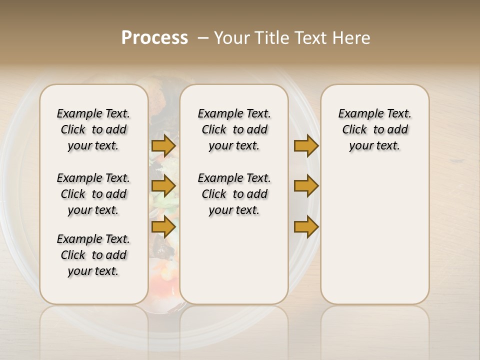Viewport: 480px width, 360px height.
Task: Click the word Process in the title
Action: tap(154, 38)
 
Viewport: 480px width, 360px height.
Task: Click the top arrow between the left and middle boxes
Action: tap(163, 146)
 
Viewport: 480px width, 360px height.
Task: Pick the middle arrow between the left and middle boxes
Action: tap(163, 186)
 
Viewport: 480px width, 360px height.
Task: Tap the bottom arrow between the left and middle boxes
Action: tap(163, 227)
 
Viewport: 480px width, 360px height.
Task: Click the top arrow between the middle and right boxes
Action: tap(306, 146)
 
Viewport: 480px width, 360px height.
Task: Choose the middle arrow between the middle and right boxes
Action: tap(306, 186)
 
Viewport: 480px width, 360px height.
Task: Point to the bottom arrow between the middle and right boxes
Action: tap(306, 227)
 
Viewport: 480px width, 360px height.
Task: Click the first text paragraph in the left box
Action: tap(93, 129)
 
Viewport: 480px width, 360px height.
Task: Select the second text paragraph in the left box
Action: tap(93, 194)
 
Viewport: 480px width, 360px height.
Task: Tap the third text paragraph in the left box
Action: tap(93, 255)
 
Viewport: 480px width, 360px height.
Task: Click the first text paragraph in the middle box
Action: tap(234, 129)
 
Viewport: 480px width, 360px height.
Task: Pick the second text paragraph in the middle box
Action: tap(234, 194)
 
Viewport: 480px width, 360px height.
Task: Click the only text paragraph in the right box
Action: tap(374, 129)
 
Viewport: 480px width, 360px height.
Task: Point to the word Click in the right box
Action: tap(354, 130)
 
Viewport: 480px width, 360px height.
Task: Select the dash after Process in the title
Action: tap(203, 38)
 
